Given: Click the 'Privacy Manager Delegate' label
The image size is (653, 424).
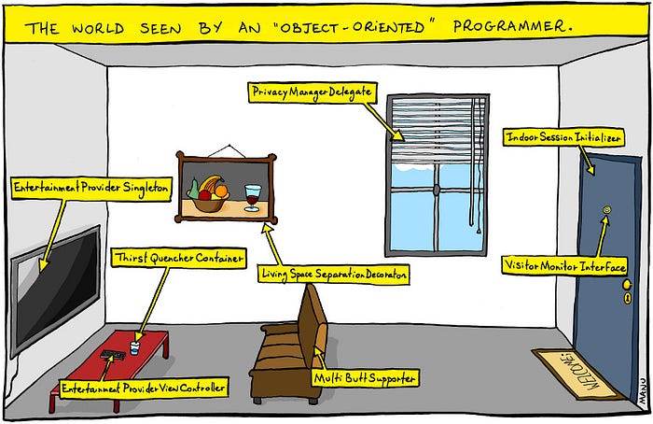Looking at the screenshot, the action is click(x=312, y=92).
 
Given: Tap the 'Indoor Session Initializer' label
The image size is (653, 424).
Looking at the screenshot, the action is click(x=563, y=137).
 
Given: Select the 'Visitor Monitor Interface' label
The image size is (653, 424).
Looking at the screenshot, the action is click(x=564, y=267).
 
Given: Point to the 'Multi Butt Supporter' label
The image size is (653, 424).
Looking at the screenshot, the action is click(x=365, y=377).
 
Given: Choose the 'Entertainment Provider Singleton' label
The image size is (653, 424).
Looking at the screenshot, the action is click(x=90, y=188).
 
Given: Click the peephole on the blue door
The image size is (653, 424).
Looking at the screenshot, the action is click(x=606, y=212).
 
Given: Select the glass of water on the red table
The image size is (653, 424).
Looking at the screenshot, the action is click(x=135, y=347).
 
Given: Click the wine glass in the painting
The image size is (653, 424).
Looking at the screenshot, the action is click(x=252, y=196).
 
